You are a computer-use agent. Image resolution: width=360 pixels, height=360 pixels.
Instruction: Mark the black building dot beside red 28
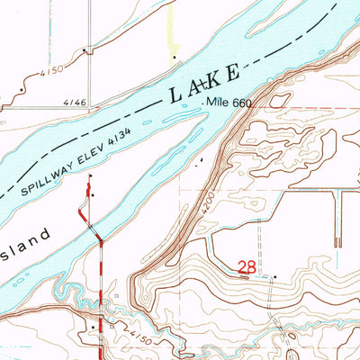pos(275,276)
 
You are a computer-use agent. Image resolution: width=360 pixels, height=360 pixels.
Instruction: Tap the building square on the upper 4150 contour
pos(87,50)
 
